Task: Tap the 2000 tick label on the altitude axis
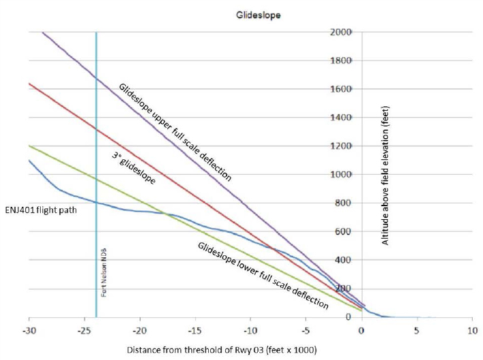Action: click(x=342, y=32)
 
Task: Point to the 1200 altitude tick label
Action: click(x=342, y=146)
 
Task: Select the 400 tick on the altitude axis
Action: click(x=344, y=261)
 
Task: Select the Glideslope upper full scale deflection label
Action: click(x=175, y=133)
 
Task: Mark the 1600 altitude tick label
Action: click(x=342, y=89)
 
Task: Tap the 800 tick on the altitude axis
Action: click(x=344, y=203)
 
